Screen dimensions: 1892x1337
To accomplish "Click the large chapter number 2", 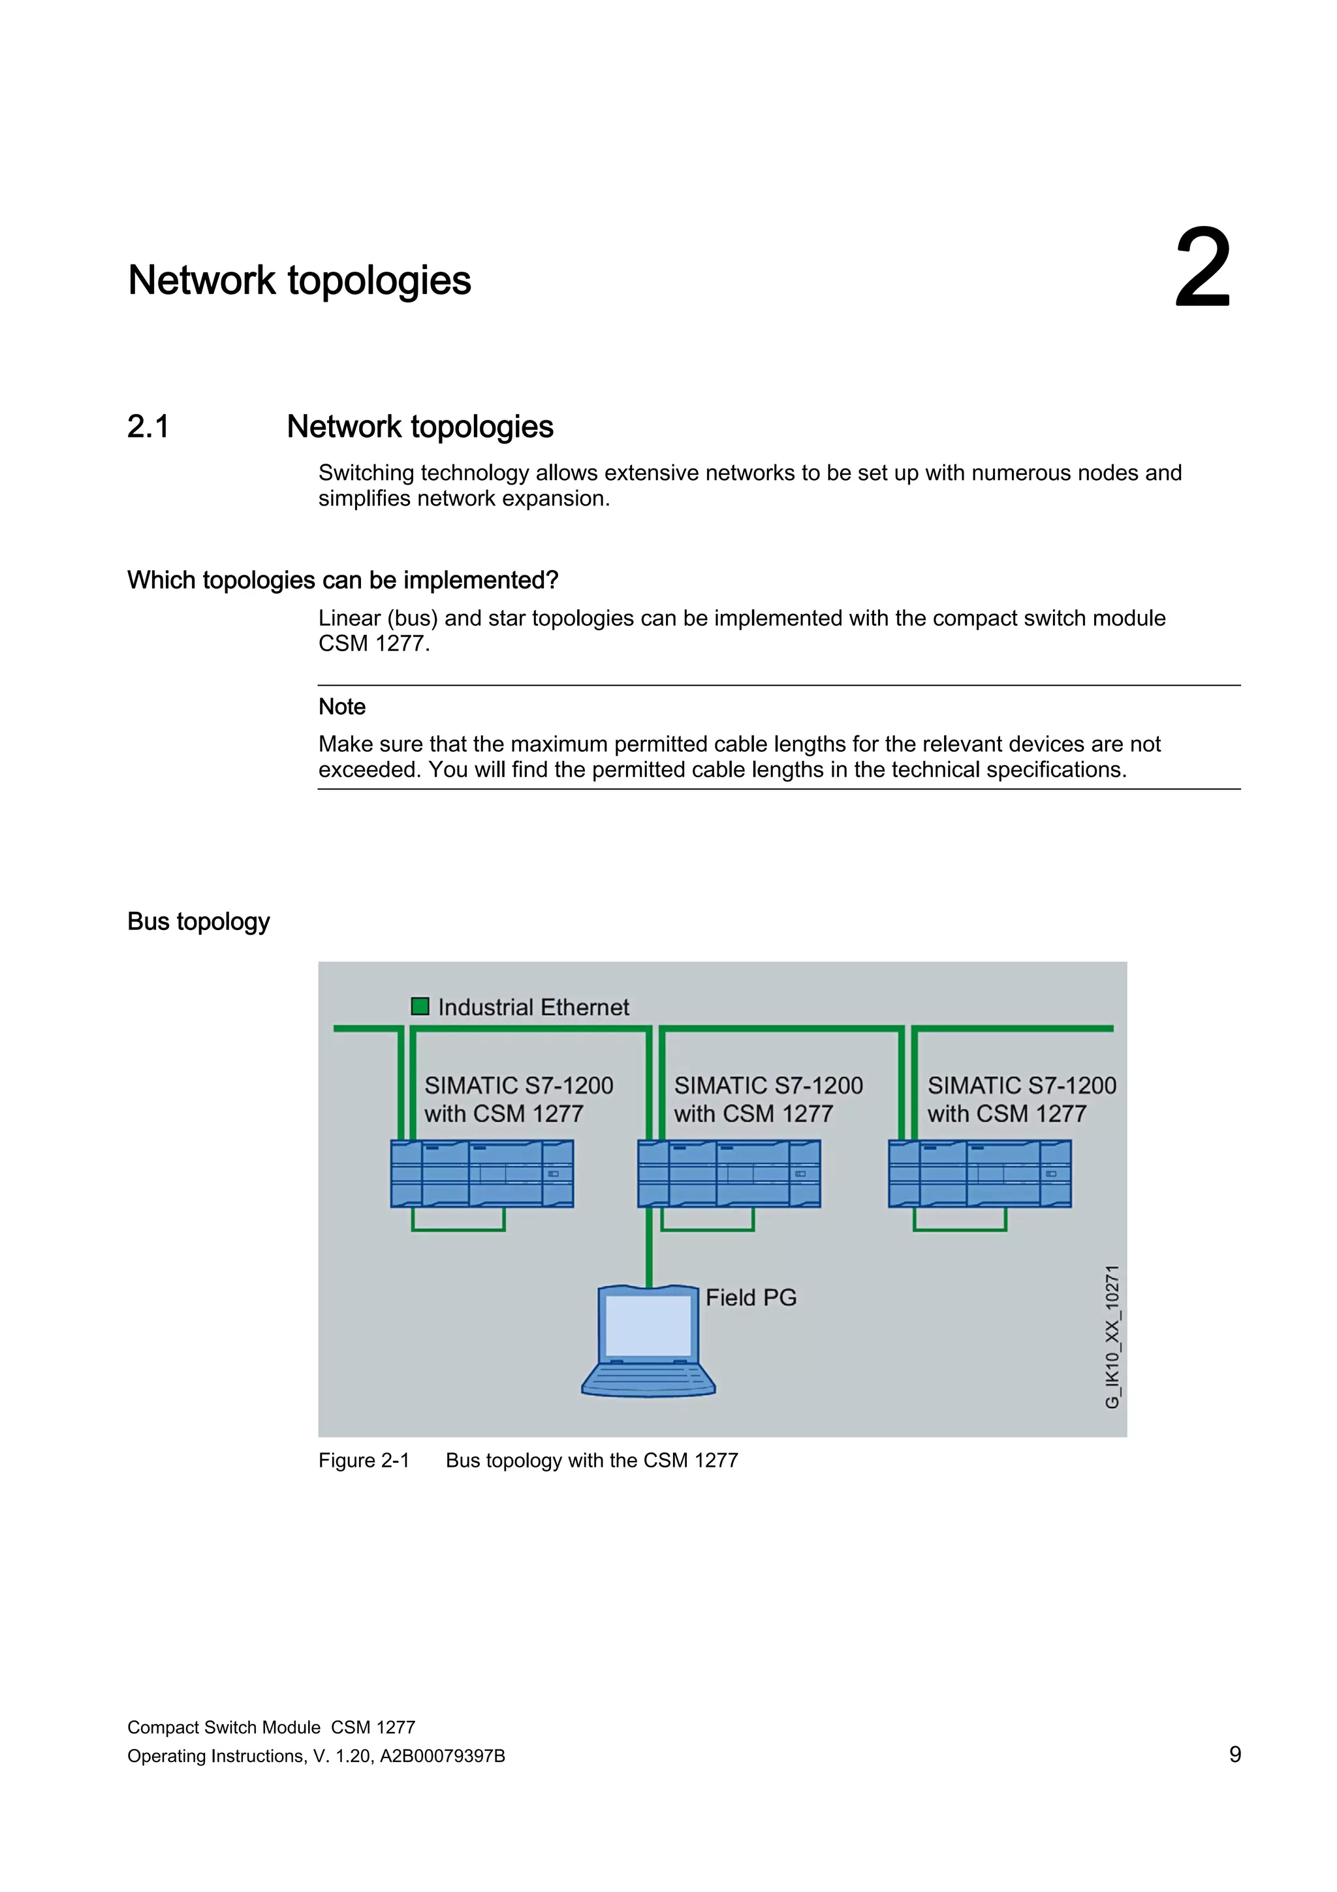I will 1202,270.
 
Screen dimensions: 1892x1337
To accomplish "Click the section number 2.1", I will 148,427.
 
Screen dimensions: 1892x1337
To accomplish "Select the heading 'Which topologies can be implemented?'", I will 343,580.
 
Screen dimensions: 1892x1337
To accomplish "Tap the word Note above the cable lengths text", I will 342,707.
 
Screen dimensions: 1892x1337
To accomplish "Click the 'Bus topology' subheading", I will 198,922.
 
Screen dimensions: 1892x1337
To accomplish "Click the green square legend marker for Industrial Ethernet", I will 420,1006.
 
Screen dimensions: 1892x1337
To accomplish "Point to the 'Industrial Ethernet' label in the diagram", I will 533,1007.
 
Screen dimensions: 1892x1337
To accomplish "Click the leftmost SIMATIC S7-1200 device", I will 482,1174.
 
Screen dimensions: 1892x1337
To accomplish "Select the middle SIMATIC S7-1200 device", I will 729,1174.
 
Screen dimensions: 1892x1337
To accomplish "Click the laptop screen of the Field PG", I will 648,1326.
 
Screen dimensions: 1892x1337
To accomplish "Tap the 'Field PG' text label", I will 751,1298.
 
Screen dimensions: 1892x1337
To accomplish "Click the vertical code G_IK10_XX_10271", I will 1112,1337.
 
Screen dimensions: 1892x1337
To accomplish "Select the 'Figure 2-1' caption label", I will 364,1460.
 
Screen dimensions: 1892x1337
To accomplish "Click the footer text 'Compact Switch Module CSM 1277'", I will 271,1727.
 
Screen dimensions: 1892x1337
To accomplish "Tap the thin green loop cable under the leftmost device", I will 458,1230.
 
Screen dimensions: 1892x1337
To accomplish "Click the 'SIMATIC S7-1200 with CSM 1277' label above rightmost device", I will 1022,1099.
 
